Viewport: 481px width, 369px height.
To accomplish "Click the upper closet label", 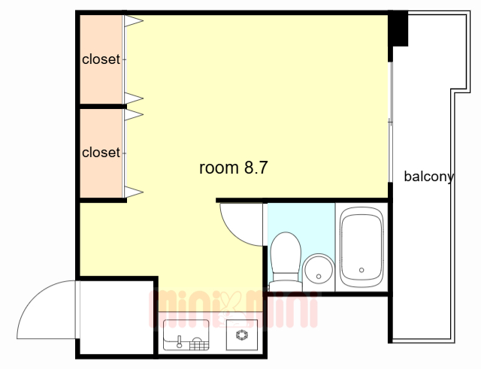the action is pyautogui.click(x=101, y=59).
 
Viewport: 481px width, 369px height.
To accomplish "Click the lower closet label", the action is pyautogui.click(x=101, y=153).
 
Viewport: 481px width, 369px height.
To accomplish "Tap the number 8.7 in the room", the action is pyautogui.click(x=256, y=168).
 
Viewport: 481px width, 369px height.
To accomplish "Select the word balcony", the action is pyautogui.click(x=429, y=177).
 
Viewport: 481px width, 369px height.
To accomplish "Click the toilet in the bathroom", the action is pyautogui.click(x=285, y=261).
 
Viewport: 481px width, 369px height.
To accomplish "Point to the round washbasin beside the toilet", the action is pyautogui.click(x=319, y=271).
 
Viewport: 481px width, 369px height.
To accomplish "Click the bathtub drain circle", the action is pyautogui.click(x=362, y=271).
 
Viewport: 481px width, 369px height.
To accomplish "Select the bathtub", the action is pyautogui.click(x=362, y=247).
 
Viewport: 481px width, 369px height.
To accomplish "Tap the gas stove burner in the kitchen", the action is pyautogui.click(x=242, y=334).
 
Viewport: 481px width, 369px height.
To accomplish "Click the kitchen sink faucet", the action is pyautogui.click(x=180, y=342).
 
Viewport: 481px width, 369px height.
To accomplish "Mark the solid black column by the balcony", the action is pyautogui.click(x=398, y=29).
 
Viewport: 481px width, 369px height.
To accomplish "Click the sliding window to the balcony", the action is pyautogui.click(x=391, y=122).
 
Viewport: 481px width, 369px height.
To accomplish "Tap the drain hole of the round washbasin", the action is pyautogui.click(x=319, y=277).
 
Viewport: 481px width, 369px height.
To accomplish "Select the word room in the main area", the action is pyautogui.click(x=219, y=168).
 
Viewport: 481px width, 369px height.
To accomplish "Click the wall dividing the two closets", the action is pyautogui.click(x=103, y=107).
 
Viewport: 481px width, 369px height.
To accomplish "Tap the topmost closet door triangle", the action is pyautogui.click(x=134, y=21).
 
